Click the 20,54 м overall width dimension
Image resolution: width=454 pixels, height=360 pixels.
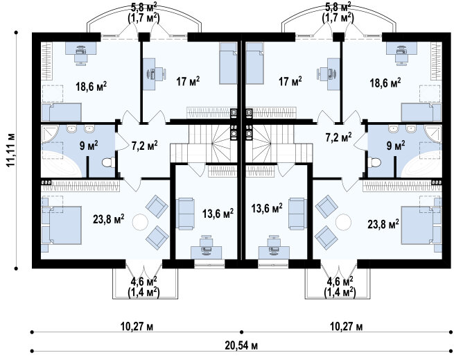point(241,345)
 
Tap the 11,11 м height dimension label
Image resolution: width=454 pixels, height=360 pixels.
point(10,150)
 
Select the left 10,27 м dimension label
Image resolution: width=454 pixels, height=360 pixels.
point(137,327)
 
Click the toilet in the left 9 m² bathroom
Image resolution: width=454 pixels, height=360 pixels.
point(108,162)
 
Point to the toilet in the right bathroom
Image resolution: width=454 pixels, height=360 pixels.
point(374,162)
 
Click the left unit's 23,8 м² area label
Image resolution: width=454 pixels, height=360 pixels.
point(109,219)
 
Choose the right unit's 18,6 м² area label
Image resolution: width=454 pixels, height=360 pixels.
point(385,83)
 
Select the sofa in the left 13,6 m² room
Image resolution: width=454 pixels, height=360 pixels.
point(185,214)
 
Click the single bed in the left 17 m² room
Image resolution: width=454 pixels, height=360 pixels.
point(229,63)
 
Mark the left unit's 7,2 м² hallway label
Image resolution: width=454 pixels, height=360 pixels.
point(144,145)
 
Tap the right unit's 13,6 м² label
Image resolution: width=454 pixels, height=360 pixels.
point(267,208)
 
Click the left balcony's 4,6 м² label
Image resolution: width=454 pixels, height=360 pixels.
point(144,281)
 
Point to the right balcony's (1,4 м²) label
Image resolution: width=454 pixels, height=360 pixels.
point(340,291)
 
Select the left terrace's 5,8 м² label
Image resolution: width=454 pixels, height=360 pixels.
point(143,6)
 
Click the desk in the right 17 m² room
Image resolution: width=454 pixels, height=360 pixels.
point(333,74)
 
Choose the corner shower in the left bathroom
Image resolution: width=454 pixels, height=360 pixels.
point(50,134)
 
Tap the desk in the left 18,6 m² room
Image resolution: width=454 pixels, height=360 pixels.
point(81,49)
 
